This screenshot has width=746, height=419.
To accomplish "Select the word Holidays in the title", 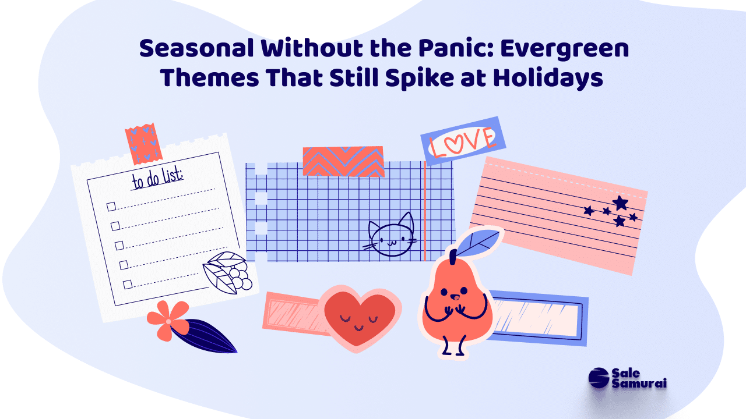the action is coord(548,79).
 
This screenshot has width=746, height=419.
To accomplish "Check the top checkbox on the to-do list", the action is coord(111,207).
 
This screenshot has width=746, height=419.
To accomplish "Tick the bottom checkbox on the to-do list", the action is coord(128,285).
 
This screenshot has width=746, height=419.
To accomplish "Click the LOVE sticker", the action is coord(463,141).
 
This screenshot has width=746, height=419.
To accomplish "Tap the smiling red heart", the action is coord(360,318).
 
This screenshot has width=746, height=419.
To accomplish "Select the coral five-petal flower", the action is coord(168,321).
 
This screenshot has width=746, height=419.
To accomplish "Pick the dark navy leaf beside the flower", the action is coord(203,336).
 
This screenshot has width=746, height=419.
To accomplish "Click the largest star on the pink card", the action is coord(620,203).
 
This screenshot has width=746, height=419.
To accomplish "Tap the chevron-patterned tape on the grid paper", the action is coord(343,161).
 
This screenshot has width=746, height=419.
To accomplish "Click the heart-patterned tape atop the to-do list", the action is coord(143,144).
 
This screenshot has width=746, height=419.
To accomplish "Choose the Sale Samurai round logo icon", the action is coord(599,378).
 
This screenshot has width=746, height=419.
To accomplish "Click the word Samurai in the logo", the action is coord(639,383).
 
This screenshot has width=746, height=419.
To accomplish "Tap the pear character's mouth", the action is coord(454,297).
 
